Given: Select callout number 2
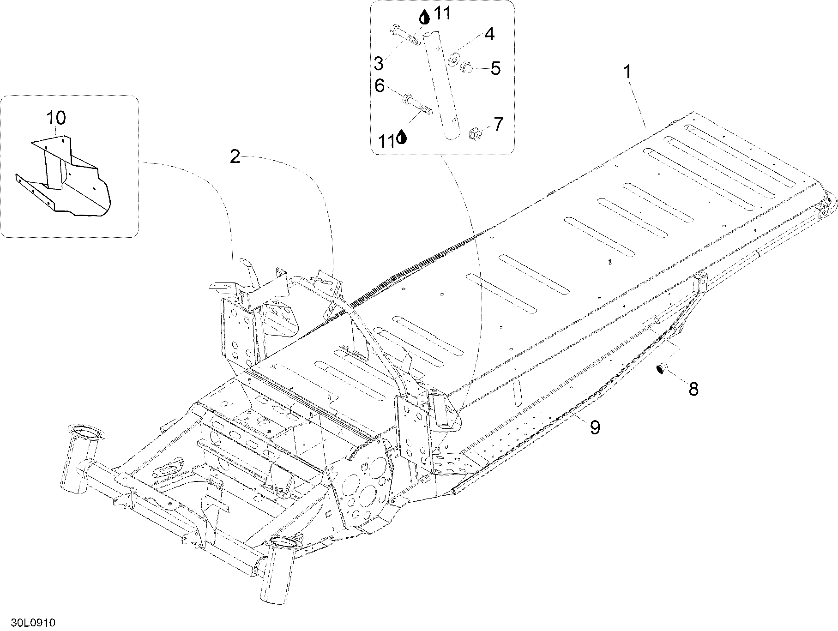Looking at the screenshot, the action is coord(235,157).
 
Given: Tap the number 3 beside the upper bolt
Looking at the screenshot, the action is coord(379,63).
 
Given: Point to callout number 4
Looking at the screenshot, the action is coord(489,34).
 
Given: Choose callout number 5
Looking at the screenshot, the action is coord(495,69).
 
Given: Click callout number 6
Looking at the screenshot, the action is coord(380,86).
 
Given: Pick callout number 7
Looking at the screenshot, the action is coord(498,124).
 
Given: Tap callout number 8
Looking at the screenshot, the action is coord(693,389).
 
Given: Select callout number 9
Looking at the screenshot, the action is coord(595,427).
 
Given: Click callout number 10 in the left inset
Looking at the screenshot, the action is coord(56,118).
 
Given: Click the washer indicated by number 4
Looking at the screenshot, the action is coord(455,59).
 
